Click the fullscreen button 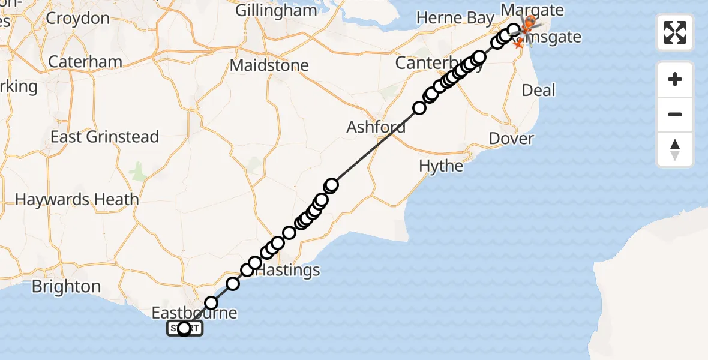(675, 32)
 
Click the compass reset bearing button (675, 149)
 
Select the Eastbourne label (194, 313)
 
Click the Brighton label (66, 286)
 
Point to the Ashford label (376, 127)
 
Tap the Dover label (511, 139)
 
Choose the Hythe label (441, 166)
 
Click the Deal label (539, 91)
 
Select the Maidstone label (269, 65)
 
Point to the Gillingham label (276, 11)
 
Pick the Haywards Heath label (77, 199)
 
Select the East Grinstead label (104, 137)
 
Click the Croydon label (77, 18)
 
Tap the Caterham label (85, 61)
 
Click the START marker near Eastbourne (184, 328)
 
